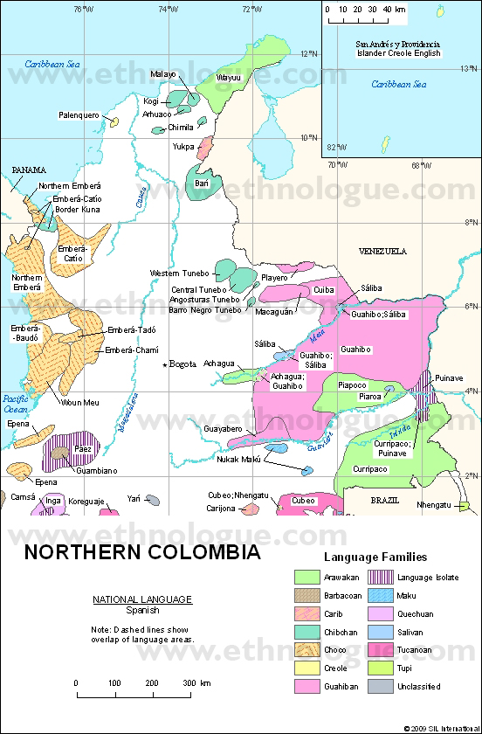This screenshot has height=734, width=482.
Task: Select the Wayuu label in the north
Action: (228, 78)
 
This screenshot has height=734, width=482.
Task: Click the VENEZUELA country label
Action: (382, 251)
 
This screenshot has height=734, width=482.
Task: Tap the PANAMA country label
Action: (29, 170)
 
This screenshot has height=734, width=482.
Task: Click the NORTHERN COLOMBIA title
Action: (141, 553)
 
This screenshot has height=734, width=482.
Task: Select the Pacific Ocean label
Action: (14, 404)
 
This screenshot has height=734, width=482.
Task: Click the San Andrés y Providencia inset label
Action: (397, 43)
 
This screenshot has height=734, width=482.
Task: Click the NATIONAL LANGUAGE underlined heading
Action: (142, 599)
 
